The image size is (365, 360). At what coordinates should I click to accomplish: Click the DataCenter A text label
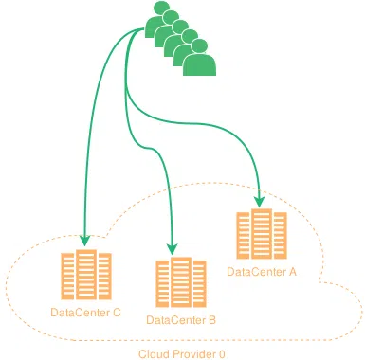coord(262,272)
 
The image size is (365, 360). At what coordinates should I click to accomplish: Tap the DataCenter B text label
coord(181,320)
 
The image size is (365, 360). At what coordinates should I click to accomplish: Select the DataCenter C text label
coord(85,312)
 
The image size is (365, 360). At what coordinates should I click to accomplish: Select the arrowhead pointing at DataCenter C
coord(85,241)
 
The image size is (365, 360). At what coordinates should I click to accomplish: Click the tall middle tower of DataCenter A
coord(261,234)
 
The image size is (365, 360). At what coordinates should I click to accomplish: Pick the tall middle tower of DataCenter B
coord(181,281)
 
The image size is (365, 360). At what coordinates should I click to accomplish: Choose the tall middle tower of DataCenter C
coord(85,274)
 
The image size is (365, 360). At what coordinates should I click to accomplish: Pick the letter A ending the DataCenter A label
coord(293,272)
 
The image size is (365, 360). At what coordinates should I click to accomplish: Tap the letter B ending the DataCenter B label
coord(212,320)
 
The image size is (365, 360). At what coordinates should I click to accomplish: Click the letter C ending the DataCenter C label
coord(117,312)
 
